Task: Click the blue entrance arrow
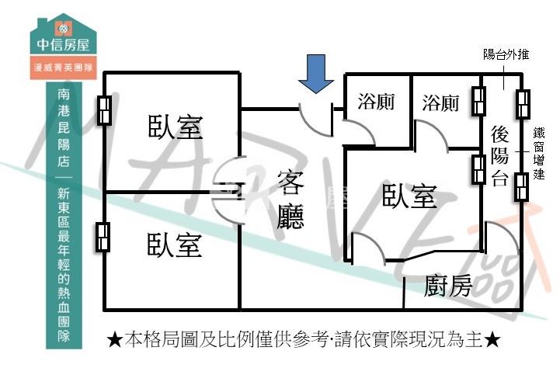pos(316,74)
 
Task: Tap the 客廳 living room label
pos(290,200)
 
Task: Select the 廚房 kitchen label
pos(448,287)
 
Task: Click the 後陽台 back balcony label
pos(500,155)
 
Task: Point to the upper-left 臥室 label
pos(176,127)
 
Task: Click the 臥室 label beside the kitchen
pos(409,196)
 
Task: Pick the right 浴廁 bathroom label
pos(440,102)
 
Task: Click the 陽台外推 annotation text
pos(506,54)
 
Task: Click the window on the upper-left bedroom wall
pos(103,110)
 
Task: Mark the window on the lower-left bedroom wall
pos(103,237)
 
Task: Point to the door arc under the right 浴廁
pos(433,136)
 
